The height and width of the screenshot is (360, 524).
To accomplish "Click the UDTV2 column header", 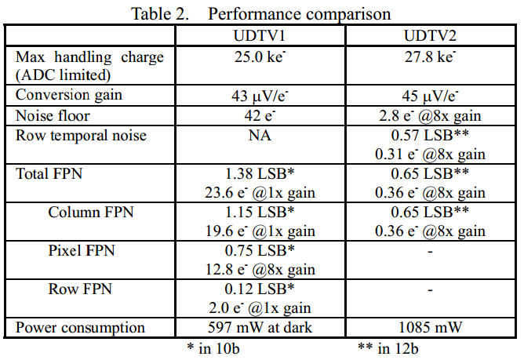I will coord(432,37).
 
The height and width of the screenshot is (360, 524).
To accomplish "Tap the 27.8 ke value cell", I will coord(432,57).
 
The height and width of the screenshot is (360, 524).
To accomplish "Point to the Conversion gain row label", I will coord(68,96).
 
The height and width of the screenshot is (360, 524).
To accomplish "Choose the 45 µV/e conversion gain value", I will coord(432,96).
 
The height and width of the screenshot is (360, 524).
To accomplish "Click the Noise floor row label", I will coord(53,115).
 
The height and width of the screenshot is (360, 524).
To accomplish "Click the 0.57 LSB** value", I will coord(432,135).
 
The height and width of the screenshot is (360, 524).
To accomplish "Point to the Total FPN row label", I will coord(52,173).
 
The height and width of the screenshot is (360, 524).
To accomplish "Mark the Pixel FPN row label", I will coord(82,250).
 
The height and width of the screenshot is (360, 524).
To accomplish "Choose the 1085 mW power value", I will coord(432,327).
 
